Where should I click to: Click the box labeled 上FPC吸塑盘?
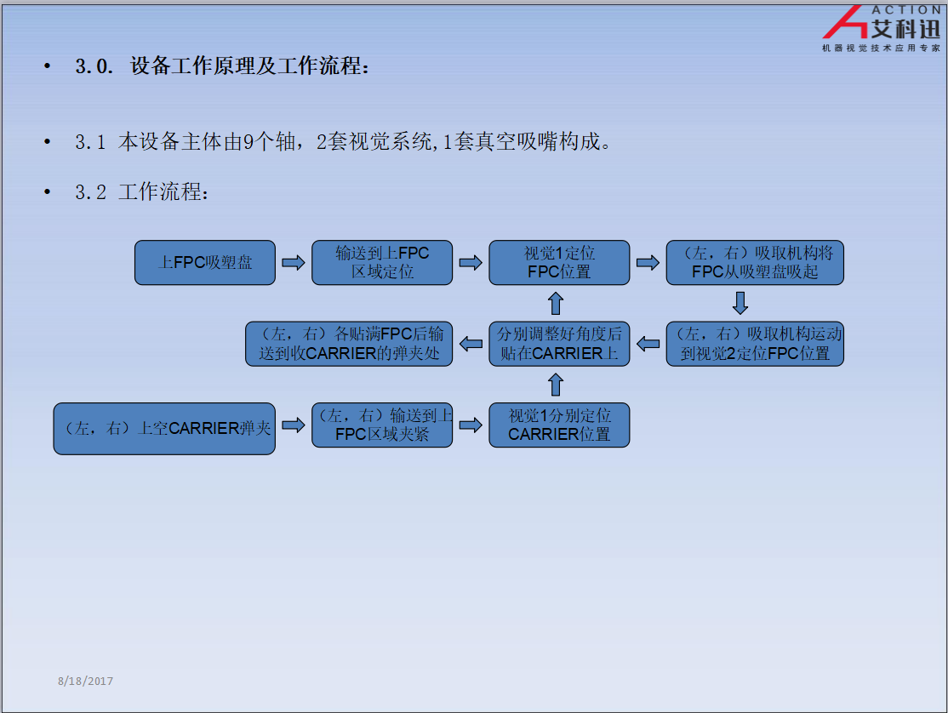pos(205,263)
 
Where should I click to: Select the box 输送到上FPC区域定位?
pos(382,263)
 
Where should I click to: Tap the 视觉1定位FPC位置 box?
pos(559,263)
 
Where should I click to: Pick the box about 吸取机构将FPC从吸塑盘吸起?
pos(755,263)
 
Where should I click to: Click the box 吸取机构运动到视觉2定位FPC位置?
pos(755,344)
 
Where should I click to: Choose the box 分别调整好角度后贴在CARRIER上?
pos(559,344)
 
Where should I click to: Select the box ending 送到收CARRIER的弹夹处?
pos(349,344)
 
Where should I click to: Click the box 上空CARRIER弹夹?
pos(164,429)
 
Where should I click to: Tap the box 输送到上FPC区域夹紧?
pos(382,425)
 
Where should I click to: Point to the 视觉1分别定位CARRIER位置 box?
pos(559,425)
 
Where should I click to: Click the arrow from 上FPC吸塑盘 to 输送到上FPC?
pos(294,263)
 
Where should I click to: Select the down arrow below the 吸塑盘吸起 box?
pos(740,304)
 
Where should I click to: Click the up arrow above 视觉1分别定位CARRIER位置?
pos(556,385)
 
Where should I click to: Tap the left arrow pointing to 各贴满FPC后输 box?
pos(471,344)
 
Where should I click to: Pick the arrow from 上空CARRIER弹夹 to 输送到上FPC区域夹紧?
pos(294,425)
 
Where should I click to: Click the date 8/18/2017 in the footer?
pos(85,681)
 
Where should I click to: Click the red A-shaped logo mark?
pos(845,22)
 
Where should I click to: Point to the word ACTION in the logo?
pos(905,9)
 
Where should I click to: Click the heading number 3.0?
pos(94,66)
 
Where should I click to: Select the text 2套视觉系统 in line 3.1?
pos(374,141)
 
